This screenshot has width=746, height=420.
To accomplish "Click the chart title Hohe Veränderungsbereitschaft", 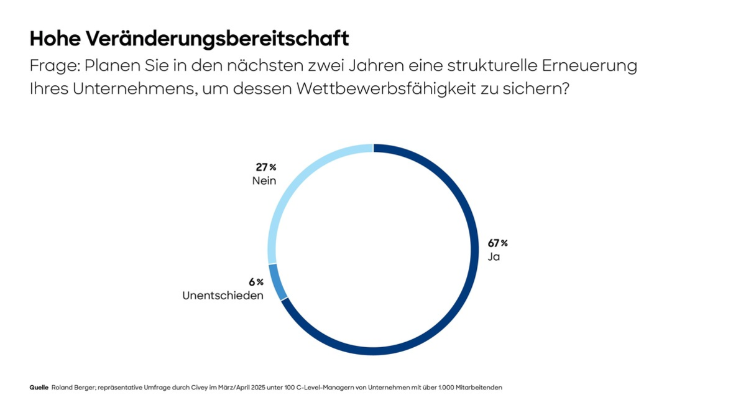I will click(x=189, y=39).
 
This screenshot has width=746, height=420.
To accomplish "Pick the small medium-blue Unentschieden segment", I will click(x=278, y=282).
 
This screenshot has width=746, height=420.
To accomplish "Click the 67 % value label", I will click(x=497, y=243).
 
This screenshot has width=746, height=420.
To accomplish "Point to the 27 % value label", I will click(x=265, y=167).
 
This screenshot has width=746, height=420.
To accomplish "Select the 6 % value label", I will click(x=256, y=282).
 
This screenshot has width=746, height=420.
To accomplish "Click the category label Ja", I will click(x=494, y=257).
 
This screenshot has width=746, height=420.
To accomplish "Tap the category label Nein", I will click(x=264, y=180).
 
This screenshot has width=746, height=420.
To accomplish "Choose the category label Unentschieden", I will click(x=223, y=296).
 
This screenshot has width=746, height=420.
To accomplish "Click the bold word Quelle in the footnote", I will click(x=39, y=388).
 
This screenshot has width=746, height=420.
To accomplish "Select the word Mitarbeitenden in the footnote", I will click(x=479, y=388).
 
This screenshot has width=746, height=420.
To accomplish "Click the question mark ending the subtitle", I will click(x=564, y=88).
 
